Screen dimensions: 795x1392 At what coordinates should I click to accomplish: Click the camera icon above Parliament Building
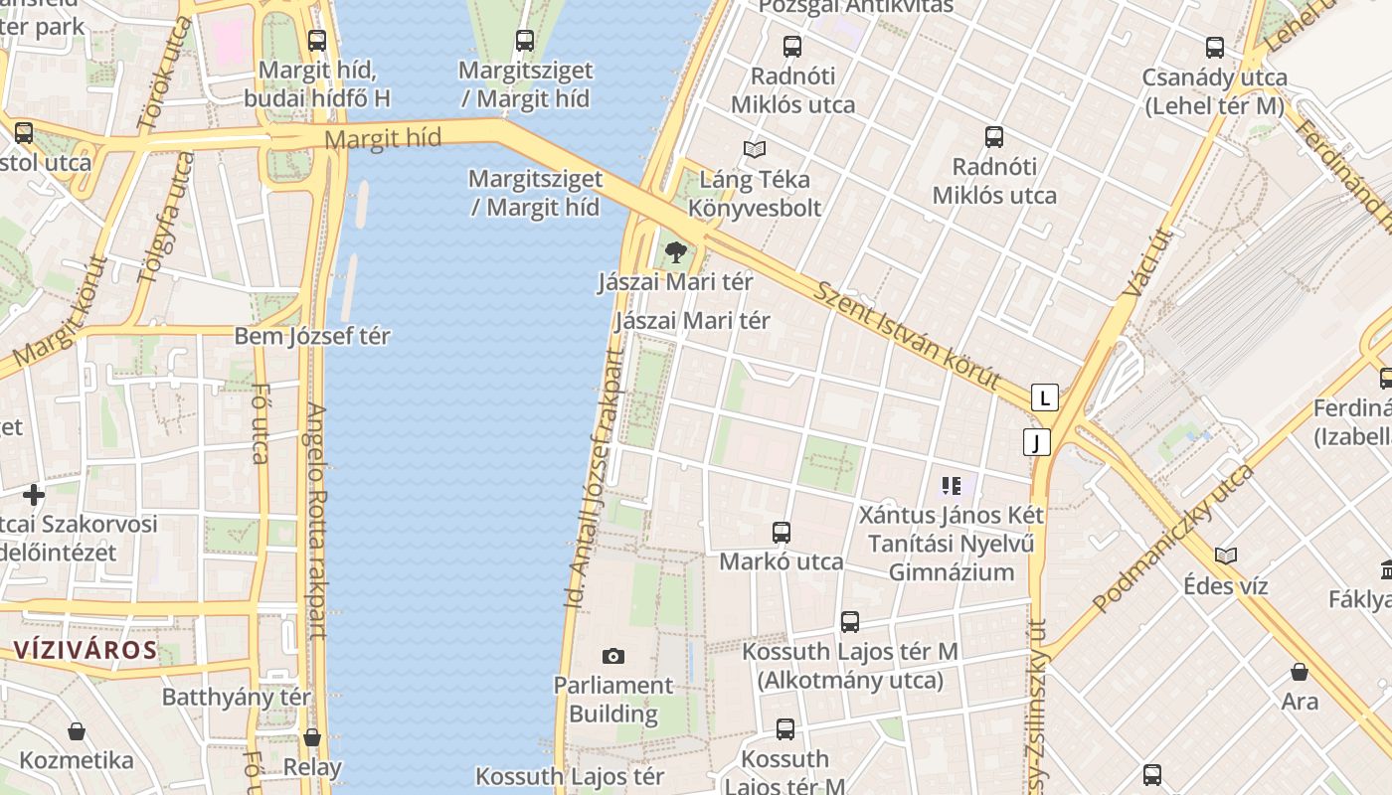click(x=613, y=656)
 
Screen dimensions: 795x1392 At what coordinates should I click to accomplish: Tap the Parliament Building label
click(x=613, y=700)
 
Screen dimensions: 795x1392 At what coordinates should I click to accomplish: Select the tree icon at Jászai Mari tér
click(x=676, y=252)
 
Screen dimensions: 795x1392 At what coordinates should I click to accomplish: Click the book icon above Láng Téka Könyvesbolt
click(x=755, y=149)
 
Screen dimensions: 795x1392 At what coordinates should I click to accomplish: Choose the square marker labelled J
click(x=1036, y=442)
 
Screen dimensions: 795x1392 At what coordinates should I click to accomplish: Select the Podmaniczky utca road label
click(x=1173, y=538)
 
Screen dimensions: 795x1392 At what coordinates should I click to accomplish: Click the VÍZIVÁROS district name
click(x=86, y=651)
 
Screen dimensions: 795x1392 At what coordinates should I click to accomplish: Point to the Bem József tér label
click(x=312, y=336)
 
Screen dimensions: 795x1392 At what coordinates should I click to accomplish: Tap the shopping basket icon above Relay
click(x=312, y=737)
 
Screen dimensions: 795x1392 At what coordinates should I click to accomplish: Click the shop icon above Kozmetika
click(x=77, y=732)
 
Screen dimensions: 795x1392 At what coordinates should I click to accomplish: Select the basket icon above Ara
click(x=1299, y=673)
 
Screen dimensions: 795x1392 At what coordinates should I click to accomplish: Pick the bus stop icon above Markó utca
click(x=782, y=533)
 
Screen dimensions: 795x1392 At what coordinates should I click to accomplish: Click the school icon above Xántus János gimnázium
click(x=952, y=486)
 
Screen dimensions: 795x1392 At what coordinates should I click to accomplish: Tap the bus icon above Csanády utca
click(x=1215, y=48)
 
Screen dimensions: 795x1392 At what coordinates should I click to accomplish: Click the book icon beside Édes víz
click(x=1226, y=556)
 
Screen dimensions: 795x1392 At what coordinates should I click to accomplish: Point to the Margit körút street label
click(x=62, y=311)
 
